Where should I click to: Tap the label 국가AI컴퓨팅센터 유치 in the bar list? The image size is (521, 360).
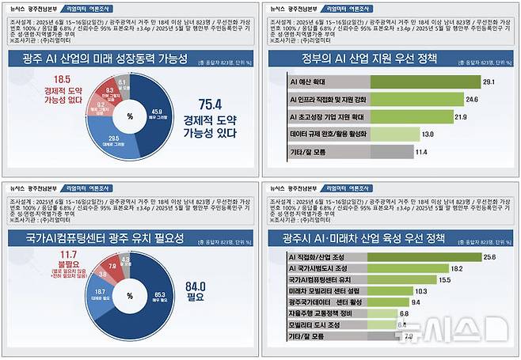tap(324, 279)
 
